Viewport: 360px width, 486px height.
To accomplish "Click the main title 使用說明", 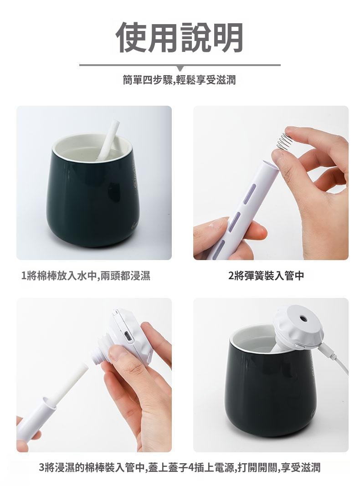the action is click(180, 37).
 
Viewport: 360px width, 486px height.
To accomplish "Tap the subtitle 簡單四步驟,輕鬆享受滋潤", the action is click(179, 80).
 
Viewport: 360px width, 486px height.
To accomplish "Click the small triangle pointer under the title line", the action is click(180, 68).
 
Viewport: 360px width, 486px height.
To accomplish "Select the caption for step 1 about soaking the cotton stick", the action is click(86, 275).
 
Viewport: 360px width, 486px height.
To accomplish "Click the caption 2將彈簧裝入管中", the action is click(266, 275).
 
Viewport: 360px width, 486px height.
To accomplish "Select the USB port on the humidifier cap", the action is click(127, 336).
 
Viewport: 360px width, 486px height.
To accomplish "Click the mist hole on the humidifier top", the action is click(302, 318).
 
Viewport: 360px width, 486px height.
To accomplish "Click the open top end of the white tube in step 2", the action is click(270, 164).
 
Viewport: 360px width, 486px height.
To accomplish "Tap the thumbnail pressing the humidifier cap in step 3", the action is click(118, 353).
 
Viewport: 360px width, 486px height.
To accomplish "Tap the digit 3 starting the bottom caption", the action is click(42, 467).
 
